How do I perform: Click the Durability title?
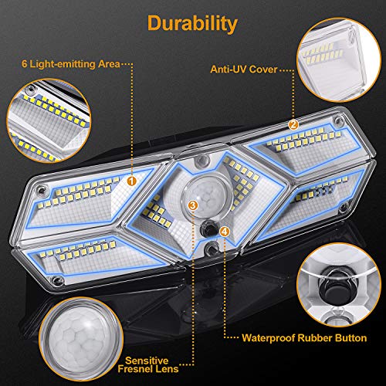193,23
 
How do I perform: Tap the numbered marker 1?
132,180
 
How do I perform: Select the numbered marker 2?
293,124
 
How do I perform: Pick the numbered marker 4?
223,230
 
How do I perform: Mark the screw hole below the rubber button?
214,247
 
